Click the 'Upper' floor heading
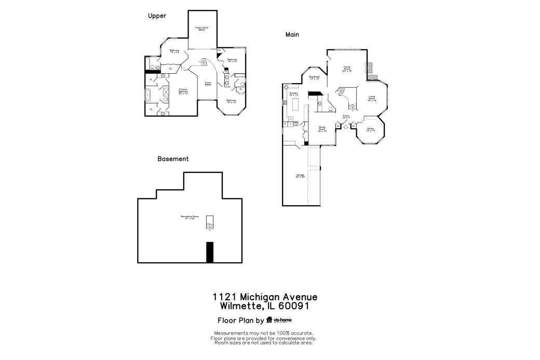tap(157, 16)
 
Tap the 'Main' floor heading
tap(292, 35)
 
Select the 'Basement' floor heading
tap(173, 159)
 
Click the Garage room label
tap(300, 176)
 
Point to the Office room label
tap(370, 129)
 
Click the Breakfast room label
tap(314, 77)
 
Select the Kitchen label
tap(293, 94)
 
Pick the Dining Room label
tap(322, 129)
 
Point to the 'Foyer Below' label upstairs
tap(208, 84)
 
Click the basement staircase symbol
tap(210, 222)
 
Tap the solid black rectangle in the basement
tap(210, 252)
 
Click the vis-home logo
tap(279, 320)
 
